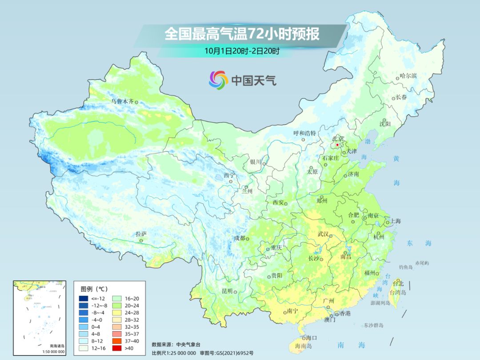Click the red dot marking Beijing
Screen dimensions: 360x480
coord(337,145)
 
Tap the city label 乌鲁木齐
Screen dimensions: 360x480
coord(122,101)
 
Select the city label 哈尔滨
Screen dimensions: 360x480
coord(408,76)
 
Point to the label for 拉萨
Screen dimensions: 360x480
coord(141,234)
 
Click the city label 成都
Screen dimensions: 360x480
coord(239,238)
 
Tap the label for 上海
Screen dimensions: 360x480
coord(395,221)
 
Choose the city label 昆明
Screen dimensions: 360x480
coord(227,291)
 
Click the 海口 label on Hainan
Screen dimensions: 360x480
coord(311,338)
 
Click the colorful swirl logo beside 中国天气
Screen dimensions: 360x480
coord(218,80)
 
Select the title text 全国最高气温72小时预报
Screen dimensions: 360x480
coord(242,34)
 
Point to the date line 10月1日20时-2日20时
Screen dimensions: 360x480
coord(242,51)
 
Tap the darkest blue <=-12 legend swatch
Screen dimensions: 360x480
coord(84,298)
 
